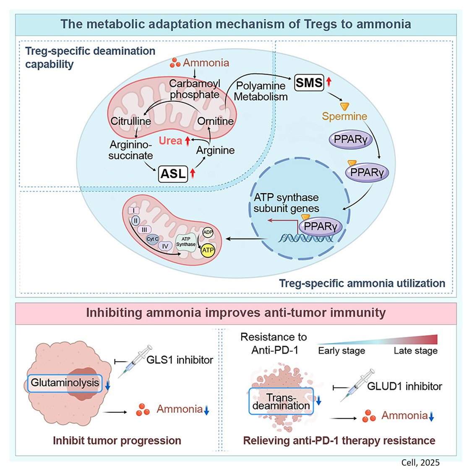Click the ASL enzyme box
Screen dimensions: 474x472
click(173, 174)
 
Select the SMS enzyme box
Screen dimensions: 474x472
click(309, 83)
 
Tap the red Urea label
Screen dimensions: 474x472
click(170, 141)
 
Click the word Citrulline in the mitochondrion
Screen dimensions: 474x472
click(130, 121)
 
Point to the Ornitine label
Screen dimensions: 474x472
click(215, 121)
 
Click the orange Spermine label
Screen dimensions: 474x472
click(344, 117)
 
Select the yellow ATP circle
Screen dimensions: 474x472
click(208, 250)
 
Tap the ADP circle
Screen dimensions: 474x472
click(208, 232)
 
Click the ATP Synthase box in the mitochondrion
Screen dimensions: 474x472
click(186, 242)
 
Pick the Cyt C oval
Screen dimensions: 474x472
click(152, 239)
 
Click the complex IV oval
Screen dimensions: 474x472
click(165, 246)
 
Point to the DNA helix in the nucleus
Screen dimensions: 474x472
click(305, 238)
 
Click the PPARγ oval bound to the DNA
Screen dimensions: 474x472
click(320, 226)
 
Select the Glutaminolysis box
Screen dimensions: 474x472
click(65, 383)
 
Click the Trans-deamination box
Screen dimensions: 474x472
click(281, 401)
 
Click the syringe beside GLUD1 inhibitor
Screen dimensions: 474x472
click(357, 385)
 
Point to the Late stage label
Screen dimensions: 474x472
click(415, 351)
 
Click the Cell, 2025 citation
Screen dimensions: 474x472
click(420, 462)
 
